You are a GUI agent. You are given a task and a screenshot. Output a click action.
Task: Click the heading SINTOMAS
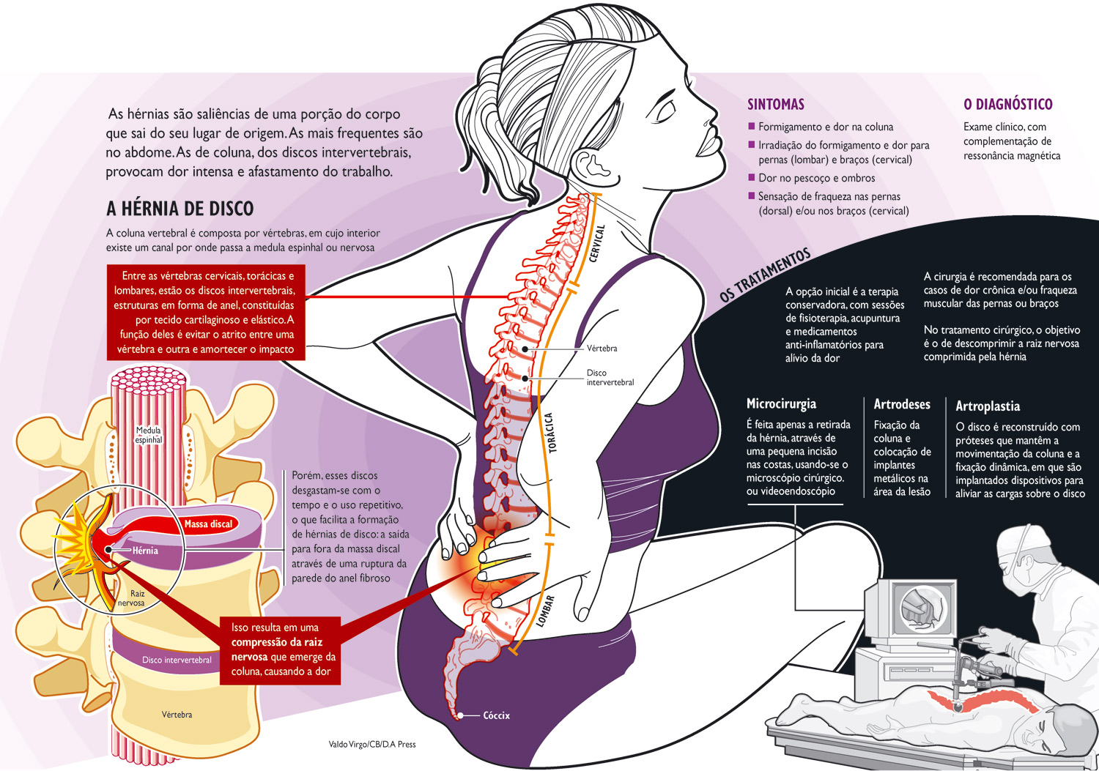pyautogui.click(x=775, y=105)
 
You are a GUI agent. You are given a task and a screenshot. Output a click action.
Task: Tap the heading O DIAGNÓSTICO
pyautogui.click(x=1007, y=105)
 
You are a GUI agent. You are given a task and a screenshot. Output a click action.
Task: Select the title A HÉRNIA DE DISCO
pyautogui.click(x=180, y=209)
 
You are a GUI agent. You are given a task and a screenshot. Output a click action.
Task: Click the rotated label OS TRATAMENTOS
pyautogui.click(x=765, y=275)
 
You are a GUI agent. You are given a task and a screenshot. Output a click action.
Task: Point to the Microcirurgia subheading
pyautogui.click(x=780, y=404)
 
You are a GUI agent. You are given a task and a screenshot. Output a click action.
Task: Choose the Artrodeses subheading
pyautogui.click(x=901, y=404)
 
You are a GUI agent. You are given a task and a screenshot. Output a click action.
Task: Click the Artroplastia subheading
pyautogui.click(x=987, y=406)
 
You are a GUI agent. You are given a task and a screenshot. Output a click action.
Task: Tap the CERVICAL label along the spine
pyautogui.click(x=598, y=243)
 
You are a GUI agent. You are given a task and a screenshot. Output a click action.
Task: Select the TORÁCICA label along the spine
pyautogui.click(x=551, y=433)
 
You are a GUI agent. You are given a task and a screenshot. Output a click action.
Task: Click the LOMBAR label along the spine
pyautogui.click(x=546, y=611)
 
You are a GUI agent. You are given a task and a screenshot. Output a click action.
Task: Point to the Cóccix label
pyautogui.click(x=496, y=715)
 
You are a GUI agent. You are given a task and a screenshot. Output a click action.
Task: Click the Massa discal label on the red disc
pyautogui.click(x=208, y=524)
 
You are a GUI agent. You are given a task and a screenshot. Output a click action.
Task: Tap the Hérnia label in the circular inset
pyautogui.click(x=145, y=551)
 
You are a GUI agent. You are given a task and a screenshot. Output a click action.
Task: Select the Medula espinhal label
pyautogui.click(x=148, y=435)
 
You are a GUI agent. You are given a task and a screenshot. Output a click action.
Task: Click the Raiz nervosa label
pyautogui.click(x=133, y=598)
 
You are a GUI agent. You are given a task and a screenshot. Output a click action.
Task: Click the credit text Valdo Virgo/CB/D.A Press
pyautogui.click(x=371, y=745)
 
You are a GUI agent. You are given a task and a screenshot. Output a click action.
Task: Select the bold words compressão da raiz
pyautogui.click(x=277, y=642)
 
